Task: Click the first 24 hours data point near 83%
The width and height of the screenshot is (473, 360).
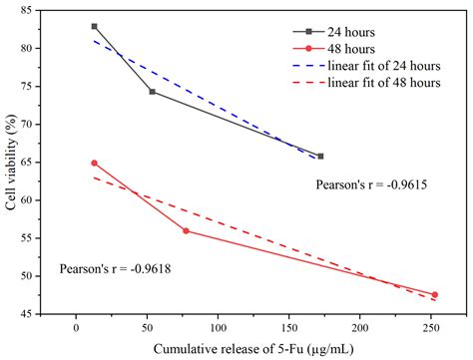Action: [94, 26]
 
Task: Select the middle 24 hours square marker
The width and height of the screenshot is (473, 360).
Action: [152, 91]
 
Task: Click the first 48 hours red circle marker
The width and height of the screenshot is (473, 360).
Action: [94, 163]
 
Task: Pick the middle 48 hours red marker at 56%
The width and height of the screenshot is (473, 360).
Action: [186, 230]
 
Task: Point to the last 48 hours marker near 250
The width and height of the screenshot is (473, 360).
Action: [434, 294]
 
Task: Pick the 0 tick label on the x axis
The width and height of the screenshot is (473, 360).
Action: [75, 327]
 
